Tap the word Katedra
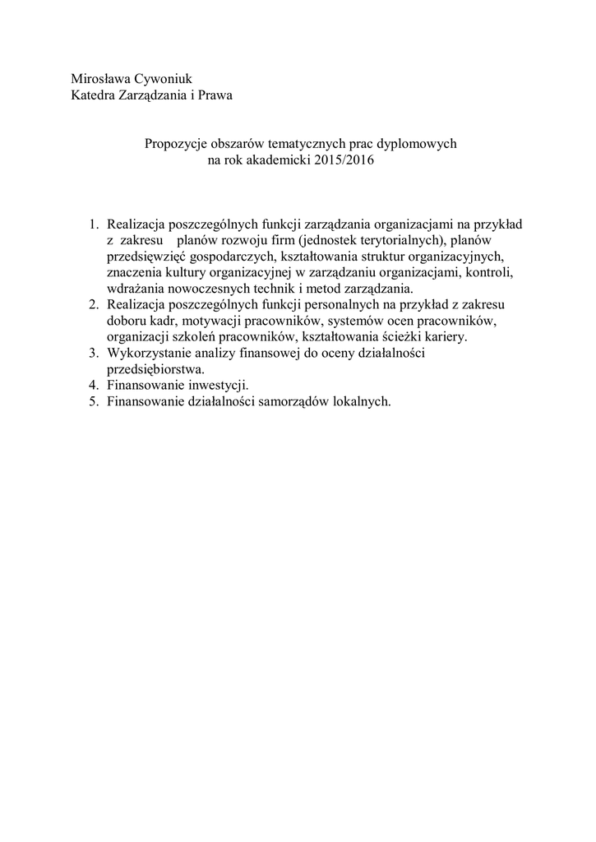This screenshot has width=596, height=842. [93, 95]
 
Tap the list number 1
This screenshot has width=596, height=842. [95, 224]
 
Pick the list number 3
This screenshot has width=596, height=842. [95, 354]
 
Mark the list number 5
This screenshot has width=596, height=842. [95, 402]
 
